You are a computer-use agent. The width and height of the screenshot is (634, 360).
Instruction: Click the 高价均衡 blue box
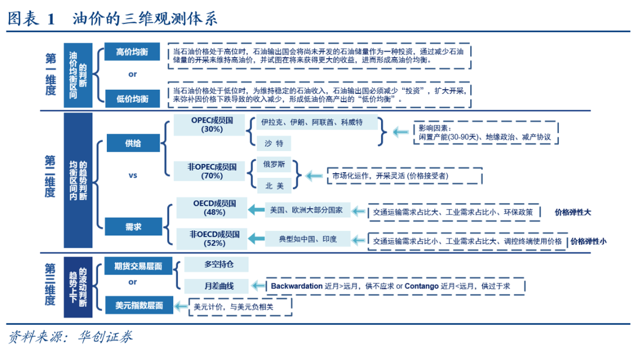click(132, 52)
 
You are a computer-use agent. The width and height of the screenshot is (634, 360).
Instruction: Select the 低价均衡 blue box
click(132, 99)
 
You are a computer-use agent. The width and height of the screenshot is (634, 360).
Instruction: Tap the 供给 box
click(133, 143)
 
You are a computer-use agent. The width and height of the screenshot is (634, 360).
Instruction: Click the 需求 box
click(133, 227)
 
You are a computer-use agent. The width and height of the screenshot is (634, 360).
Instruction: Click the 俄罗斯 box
click(274, 165)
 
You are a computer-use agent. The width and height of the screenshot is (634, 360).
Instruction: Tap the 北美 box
click(274, 186)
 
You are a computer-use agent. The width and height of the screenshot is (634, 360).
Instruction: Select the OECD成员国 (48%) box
click(215, 207)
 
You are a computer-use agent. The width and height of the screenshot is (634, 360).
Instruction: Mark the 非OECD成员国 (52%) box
click(215, 238)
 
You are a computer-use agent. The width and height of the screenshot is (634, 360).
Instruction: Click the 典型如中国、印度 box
click(307, 239)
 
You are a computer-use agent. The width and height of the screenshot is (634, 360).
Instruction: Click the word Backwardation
click(296, 286)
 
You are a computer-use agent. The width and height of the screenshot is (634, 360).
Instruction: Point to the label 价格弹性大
click(573, 212)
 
